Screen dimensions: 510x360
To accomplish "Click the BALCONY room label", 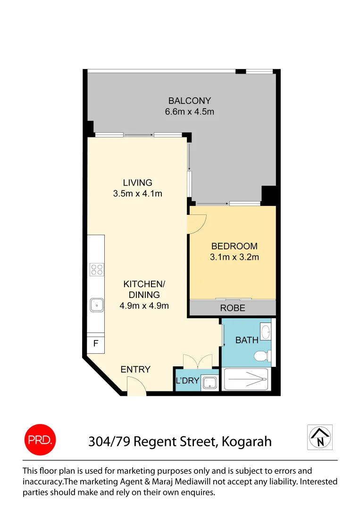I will [x=189, y=101].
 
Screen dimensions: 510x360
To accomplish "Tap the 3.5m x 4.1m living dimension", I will [x=138, y=193].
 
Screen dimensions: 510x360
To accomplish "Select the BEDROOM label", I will [x=234, y=246].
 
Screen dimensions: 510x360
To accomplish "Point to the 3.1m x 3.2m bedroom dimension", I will [x=234, y=257].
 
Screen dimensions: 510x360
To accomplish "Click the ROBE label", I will [x=233, y=308].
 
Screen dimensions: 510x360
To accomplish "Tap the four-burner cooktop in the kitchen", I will [x=97, y=270].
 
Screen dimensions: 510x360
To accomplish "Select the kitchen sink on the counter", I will [x=97, y=305].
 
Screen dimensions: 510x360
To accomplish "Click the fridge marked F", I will [x=96, y=344].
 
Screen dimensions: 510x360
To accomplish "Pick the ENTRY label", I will [x=135, y=369].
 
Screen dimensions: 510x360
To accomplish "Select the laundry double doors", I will [x=197, y=361].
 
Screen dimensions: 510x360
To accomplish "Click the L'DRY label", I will [x=187, y=381].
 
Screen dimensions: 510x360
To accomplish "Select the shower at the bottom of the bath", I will [x=246, y=379].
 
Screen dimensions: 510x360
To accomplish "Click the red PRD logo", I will [x=40, y=441].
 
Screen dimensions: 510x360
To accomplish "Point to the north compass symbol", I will [x=320, y=437].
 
